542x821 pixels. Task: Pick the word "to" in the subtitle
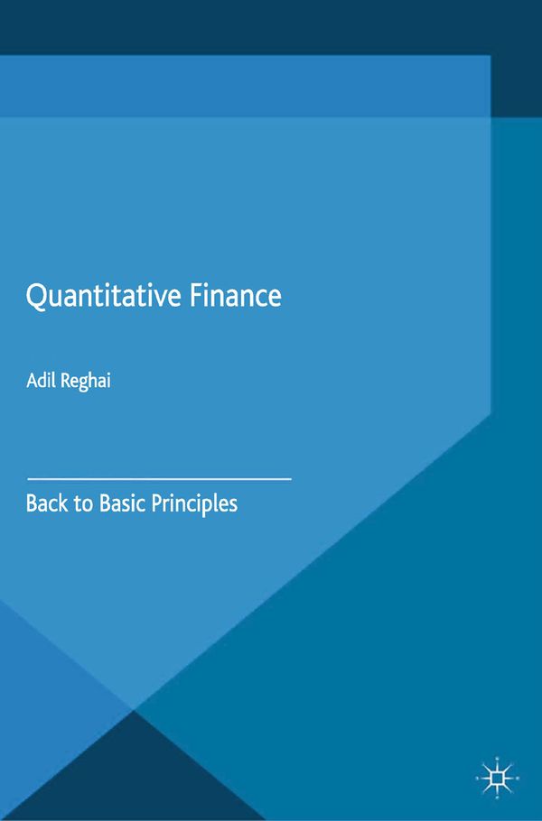(82, 503)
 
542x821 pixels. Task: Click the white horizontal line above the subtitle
(159, 475)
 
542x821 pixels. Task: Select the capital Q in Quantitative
(36, 298)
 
